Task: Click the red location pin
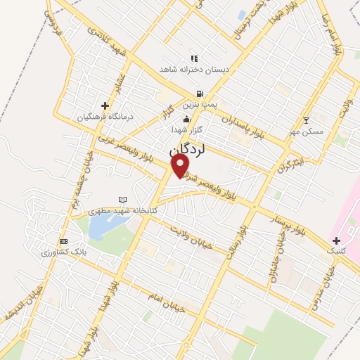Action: pyautogui.click(x=181, y=165)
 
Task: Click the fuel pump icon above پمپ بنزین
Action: pyautogui.click(x=200, y=94)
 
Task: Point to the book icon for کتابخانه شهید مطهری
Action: pyautogui.click(x=124, y=200)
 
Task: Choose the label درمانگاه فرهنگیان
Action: pyautogui.click(x=105, y=116)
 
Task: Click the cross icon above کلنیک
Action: pyautogui.click(x=335, y=240)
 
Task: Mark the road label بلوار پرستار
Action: pyautogui.click(x=288, y=224)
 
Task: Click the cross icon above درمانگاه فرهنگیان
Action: pyautogui.click(x=105, y=105)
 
